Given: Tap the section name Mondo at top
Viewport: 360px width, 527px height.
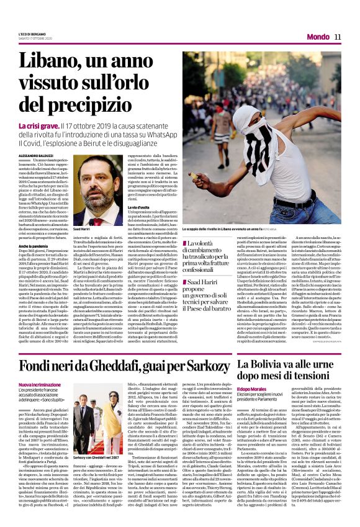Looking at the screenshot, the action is point(318,37).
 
